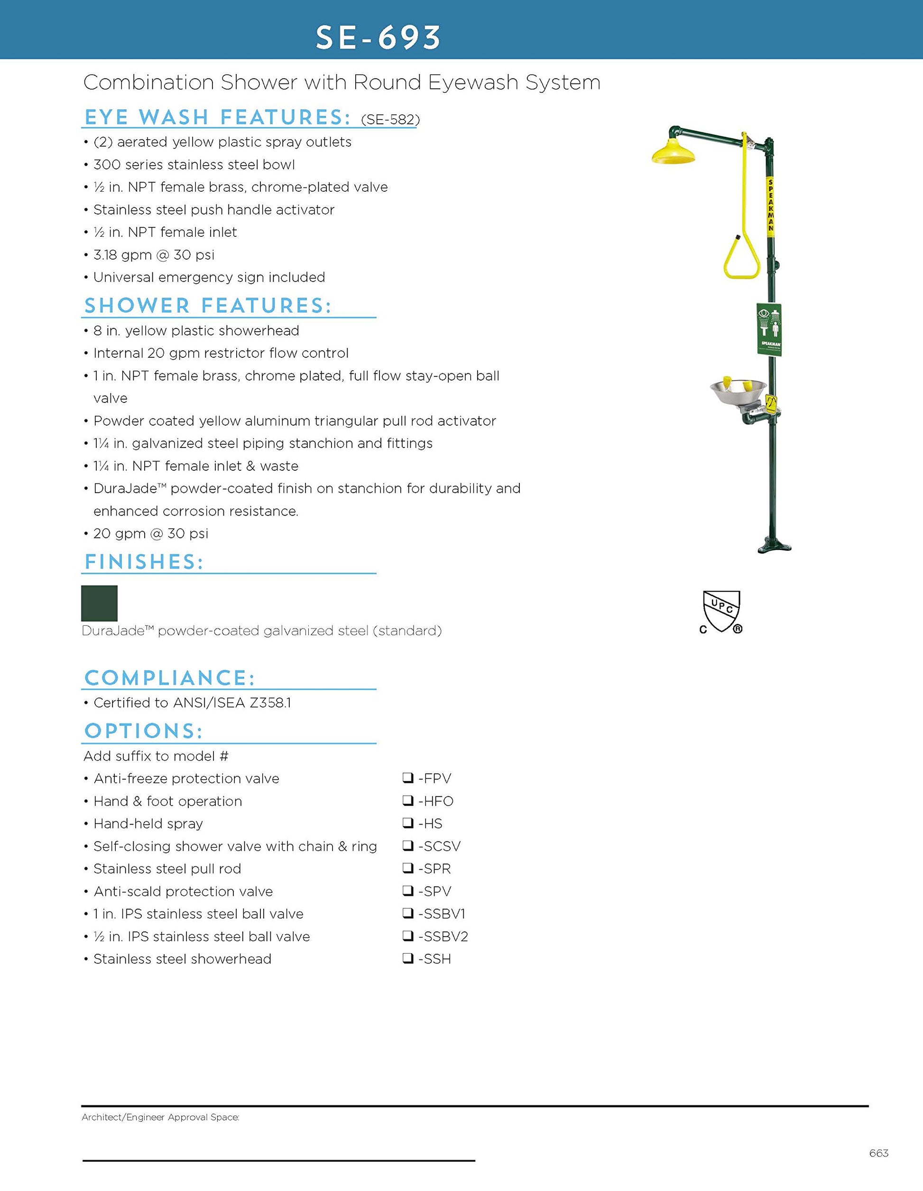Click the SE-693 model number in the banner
click(378, 37)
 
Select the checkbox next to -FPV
click(408, 778)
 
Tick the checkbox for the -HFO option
click(408, 800)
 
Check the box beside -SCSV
click(408, 846)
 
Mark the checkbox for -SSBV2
click(408, 936)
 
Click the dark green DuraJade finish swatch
click(99, 603)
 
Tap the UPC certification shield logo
click(721, 611)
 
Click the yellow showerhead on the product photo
click(674, 153)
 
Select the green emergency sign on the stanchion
click(769, 329)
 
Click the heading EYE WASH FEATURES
click(217, 117)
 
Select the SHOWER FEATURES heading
click(208, 306)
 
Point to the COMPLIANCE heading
click(169, 679)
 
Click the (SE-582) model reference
click(390, 120)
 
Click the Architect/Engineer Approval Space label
click(160, 1117)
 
